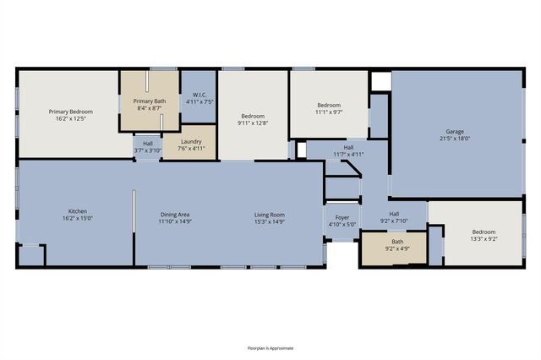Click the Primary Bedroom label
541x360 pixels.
click(x=71, y=112)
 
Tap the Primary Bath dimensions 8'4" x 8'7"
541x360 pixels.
click(x=150, y=108)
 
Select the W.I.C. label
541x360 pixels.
click(x=199, y=95)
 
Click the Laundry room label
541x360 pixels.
click(x=191, y=141)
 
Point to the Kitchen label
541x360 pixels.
click(x=78, y=211)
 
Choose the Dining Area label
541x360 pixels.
click(x=175, y=215)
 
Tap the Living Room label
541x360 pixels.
click(x=270, y=215)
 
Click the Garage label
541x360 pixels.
click(x=455, y=131)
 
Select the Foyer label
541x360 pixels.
click(x=342, y=217)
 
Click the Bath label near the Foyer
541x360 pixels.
click(x=397, y=242)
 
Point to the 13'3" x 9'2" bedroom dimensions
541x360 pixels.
click(x=484, y=238)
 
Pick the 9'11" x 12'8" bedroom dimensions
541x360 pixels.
click(x=253, y=123)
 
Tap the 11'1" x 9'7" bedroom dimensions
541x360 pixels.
click(x=329, y=112)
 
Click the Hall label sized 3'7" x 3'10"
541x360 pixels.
click(x=148, y=144)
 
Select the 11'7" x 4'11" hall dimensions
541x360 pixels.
click(x=348, y=155)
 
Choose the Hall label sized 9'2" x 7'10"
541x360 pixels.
click(x=394, y=214)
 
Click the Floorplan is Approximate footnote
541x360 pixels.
click(x=270, y=348)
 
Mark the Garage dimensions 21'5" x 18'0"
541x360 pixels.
click(x=455, y=139)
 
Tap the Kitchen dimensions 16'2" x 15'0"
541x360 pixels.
click(x=78, y=218)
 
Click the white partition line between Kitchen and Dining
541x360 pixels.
click(x=134, y=211)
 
